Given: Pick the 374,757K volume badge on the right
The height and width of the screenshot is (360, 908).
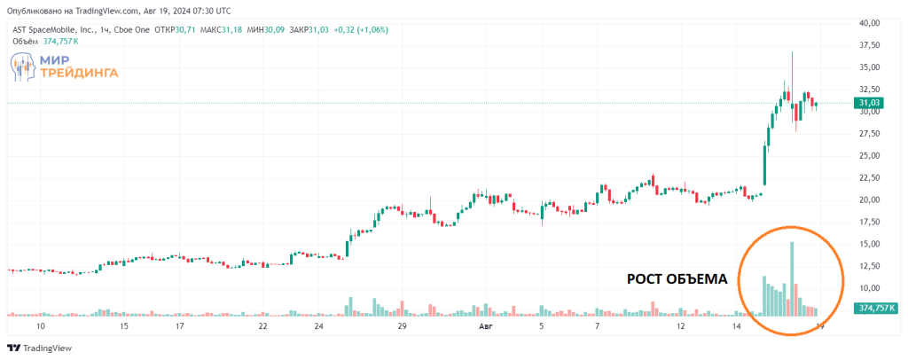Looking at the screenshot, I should coord(876,309).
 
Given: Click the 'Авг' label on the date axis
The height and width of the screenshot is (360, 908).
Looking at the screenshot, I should coord(485,326).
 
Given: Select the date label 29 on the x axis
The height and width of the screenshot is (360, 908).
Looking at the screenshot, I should coord(402,326).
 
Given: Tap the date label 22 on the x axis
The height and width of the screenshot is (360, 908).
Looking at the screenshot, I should coord(263,326).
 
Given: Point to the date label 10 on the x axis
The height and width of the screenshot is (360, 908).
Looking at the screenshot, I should coord(40,326).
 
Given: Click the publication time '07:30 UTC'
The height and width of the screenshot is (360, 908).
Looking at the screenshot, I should coord(206,11).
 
